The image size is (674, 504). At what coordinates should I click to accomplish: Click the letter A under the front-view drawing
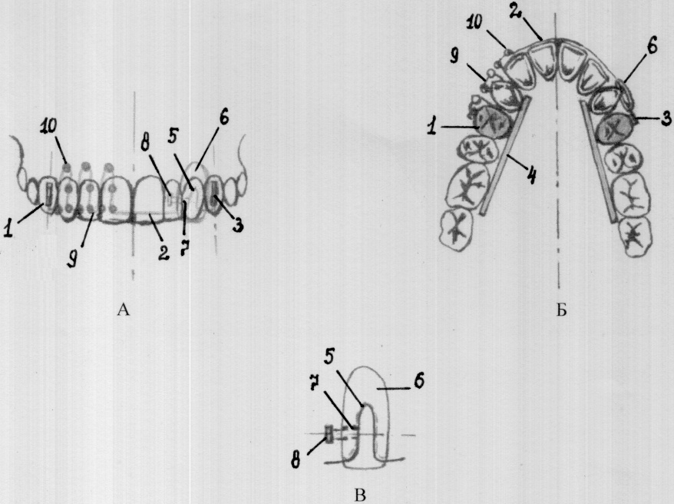tap(123, 309)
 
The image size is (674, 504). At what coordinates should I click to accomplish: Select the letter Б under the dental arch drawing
tap(561, 310)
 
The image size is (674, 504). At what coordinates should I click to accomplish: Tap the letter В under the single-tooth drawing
tap(360, 496)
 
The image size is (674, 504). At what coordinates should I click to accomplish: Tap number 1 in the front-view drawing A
tap(8, 227)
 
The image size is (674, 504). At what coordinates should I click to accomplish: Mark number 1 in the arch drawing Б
tap(431, 127)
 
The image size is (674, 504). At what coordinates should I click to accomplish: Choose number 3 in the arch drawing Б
tap(666, 118)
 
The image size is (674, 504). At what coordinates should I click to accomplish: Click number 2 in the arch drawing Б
tap(515, 10)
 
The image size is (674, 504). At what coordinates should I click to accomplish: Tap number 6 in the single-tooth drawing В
tap(420, 381)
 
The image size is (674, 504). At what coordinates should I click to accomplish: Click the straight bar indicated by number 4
tap(504, 155)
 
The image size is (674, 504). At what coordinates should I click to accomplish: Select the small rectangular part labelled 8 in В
tap(329, 434)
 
